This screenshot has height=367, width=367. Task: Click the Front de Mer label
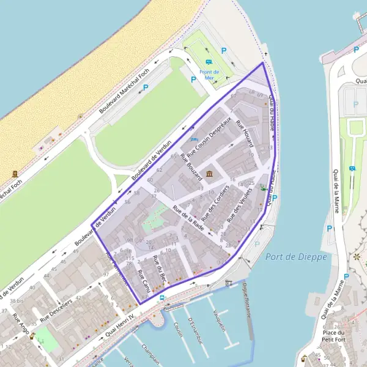tap(209, 75)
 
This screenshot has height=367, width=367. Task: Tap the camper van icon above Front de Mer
tap(209, 62)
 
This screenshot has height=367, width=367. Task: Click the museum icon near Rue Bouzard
tap(210, 175)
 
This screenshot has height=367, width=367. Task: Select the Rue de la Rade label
tap(188, 217)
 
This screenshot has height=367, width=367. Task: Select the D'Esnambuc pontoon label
tap(195, 330)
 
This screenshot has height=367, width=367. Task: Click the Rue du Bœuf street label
tap(160, 269)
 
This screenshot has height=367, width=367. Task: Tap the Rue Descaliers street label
tap(57, 311)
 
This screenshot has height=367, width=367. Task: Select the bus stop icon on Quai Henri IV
tap(162, 298)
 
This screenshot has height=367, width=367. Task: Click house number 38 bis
tap(17, 301)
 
